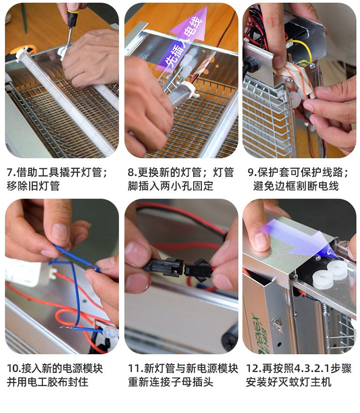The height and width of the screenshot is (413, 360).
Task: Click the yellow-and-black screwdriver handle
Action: click(72, 18)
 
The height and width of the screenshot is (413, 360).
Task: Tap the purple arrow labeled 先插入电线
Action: click(184, 37)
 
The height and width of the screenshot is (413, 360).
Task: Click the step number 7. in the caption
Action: click(11, 172)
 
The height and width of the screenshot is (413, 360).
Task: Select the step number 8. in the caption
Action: click(132, 172)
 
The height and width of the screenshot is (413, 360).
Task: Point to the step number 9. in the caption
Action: click(252, 172)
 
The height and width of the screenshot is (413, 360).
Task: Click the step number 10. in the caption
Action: click(13, 368)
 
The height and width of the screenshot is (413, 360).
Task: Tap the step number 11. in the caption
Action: click(135, 368)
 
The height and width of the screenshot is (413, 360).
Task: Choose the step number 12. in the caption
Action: click(253, 368)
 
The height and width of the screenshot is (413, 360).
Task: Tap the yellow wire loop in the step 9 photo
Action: click(303, 51)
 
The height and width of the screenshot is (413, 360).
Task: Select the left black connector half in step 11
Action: click(163, 267)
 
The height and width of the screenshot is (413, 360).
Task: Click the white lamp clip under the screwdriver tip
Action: click(63, 52)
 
